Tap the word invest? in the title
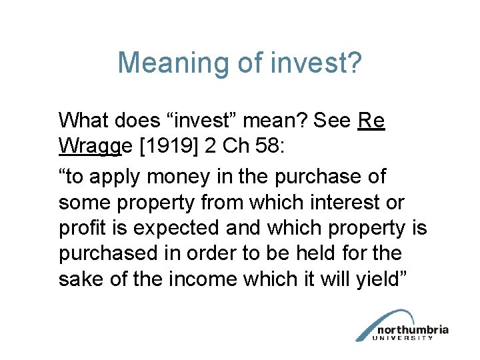[x=316, y=63]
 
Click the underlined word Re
[x=371, y=121]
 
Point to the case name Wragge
[x=89, y=146]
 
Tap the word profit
[x=81, y=227]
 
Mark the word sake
[x=79, y=278]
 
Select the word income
[x=193, y=278]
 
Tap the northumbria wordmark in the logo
[x=413, y=330]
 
